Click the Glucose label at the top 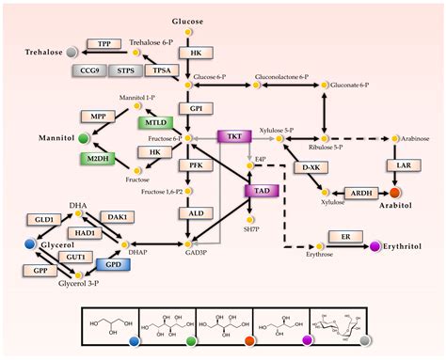coord(187,20)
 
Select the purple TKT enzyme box coord(234,137)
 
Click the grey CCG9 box coord(89,70)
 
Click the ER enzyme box coord(344,237)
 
